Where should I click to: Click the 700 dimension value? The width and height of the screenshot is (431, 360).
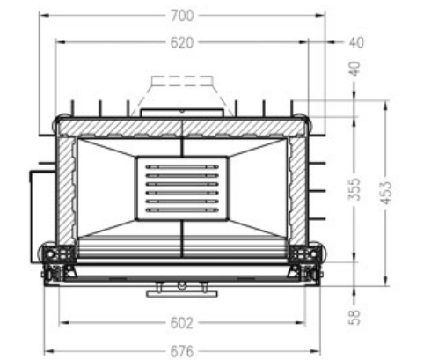182,15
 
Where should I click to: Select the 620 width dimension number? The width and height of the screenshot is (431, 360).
182,41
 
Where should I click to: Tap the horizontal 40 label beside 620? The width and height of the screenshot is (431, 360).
356,41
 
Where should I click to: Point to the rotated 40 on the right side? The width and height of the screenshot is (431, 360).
354,69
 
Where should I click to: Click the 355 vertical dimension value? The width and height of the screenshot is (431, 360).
354,188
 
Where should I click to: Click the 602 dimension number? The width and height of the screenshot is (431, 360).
181,323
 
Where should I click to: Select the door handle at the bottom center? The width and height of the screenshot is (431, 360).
181,286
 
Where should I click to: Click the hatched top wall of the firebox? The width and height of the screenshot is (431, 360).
181,127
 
